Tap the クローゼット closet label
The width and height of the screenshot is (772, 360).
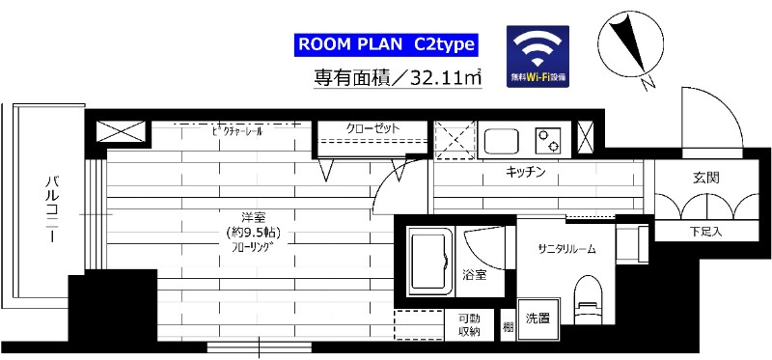pyautogui.click(x=372, y=129)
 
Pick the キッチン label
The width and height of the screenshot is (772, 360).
pyautogui.click(x=526, y=173)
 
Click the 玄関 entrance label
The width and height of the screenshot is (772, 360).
pyautogui.click(x=704, y=179)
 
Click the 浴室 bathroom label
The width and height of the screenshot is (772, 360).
pyautogui.click(x=473, y=275)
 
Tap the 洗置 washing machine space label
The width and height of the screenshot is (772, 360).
pyautogui.click(x=538, y=318)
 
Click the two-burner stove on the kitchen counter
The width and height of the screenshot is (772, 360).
pyautogui.click(x=552, y=141)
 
